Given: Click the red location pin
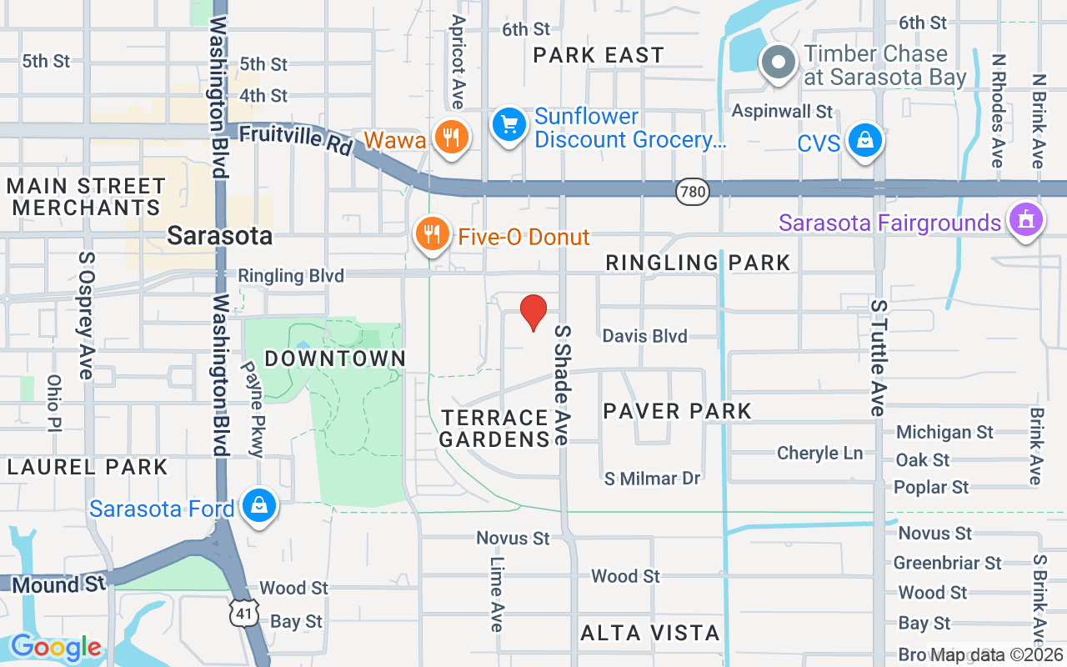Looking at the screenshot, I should point(533,312).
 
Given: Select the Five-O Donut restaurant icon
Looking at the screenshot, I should point(431,235).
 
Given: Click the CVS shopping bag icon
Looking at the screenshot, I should point(865,140).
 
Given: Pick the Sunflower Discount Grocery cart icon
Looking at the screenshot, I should point(508,125).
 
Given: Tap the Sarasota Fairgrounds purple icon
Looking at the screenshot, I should point(1026,220).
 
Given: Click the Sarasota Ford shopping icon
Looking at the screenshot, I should point(259,505).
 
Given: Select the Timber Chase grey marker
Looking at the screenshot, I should point(779,63).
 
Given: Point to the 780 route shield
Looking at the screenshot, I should point(693,193).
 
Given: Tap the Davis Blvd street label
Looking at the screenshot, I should point(645,336).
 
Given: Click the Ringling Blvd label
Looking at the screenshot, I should point(291,276).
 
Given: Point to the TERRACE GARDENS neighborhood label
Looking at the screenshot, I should point(494,428).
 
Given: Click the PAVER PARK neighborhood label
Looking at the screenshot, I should point(678,411).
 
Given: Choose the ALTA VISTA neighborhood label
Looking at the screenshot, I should point(650,633).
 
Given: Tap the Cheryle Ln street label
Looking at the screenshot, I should point(820,454).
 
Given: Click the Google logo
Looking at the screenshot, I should point(56,647).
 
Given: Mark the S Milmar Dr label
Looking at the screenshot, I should point(653,479).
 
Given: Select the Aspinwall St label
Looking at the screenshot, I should point(782,111).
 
